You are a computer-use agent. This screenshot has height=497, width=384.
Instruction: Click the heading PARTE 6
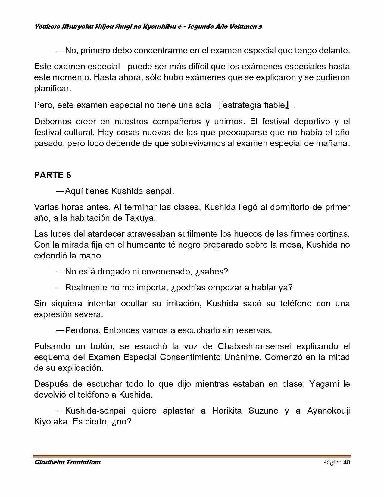pos(52,175)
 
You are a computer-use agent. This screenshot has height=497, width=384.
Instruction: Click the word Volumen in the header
pos(242,27)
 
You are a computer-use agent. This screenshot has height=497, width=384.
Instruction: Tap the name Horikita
pos(227,411)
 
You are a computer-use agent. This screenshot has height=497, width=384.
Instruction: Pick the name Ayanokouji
pos(328,411)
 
